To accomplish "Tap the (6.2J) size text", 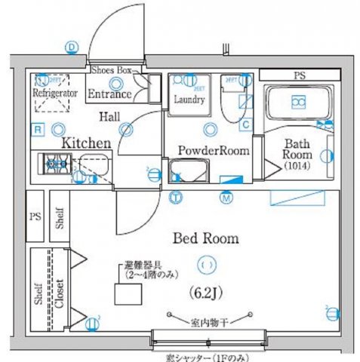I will coord(205,290).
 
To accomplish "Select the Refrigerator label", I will coord(55,94).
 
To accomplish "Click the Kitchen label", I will coord(86,143).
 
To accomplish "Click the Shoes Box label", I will coord(111,70).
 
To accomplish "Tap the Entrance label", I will coord(110,94).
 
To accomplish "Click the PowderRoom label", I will coord(213,151).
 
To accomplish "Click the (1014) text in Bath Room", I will coord(297,167).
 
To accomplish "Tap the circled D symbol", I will coord(72,47).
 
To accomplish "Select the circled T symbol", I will coord(176,198).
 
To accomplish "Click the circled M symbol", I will coord(226,198).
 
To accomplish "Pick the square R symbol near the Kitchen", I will coord(36,129).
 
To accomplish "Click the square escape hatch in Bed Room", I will coord(125,293).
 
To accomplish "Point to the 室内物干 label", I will coord(204,322).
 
